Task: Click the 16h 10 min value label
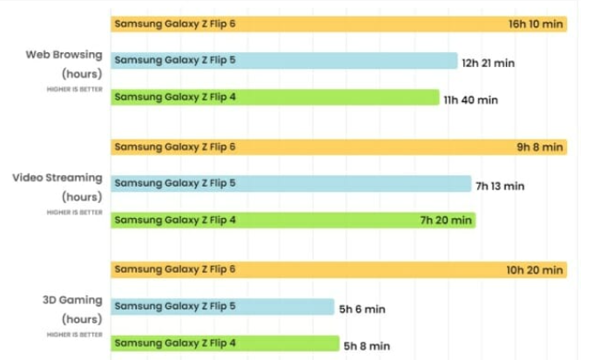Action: (536, 24)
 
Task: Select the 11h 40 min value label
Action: (471, 100)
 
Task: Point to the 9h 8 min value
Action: (540, 147)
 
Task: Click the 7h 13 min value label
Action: (500, 186)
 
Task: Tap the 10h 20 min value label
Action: (535, 270)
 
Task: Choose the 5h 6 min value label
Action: (361, 309)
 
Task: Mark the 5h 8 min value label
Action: (367, 346)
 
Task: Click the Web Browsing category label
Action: (64, 54)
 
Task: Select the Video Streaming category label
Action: (57, 178)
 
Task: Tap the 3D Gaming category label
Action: (72, 301)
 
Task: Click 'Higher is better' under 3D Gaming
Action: (75, 335)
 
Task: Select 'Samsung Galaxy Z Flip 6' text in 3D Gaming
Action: (175, 270)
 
